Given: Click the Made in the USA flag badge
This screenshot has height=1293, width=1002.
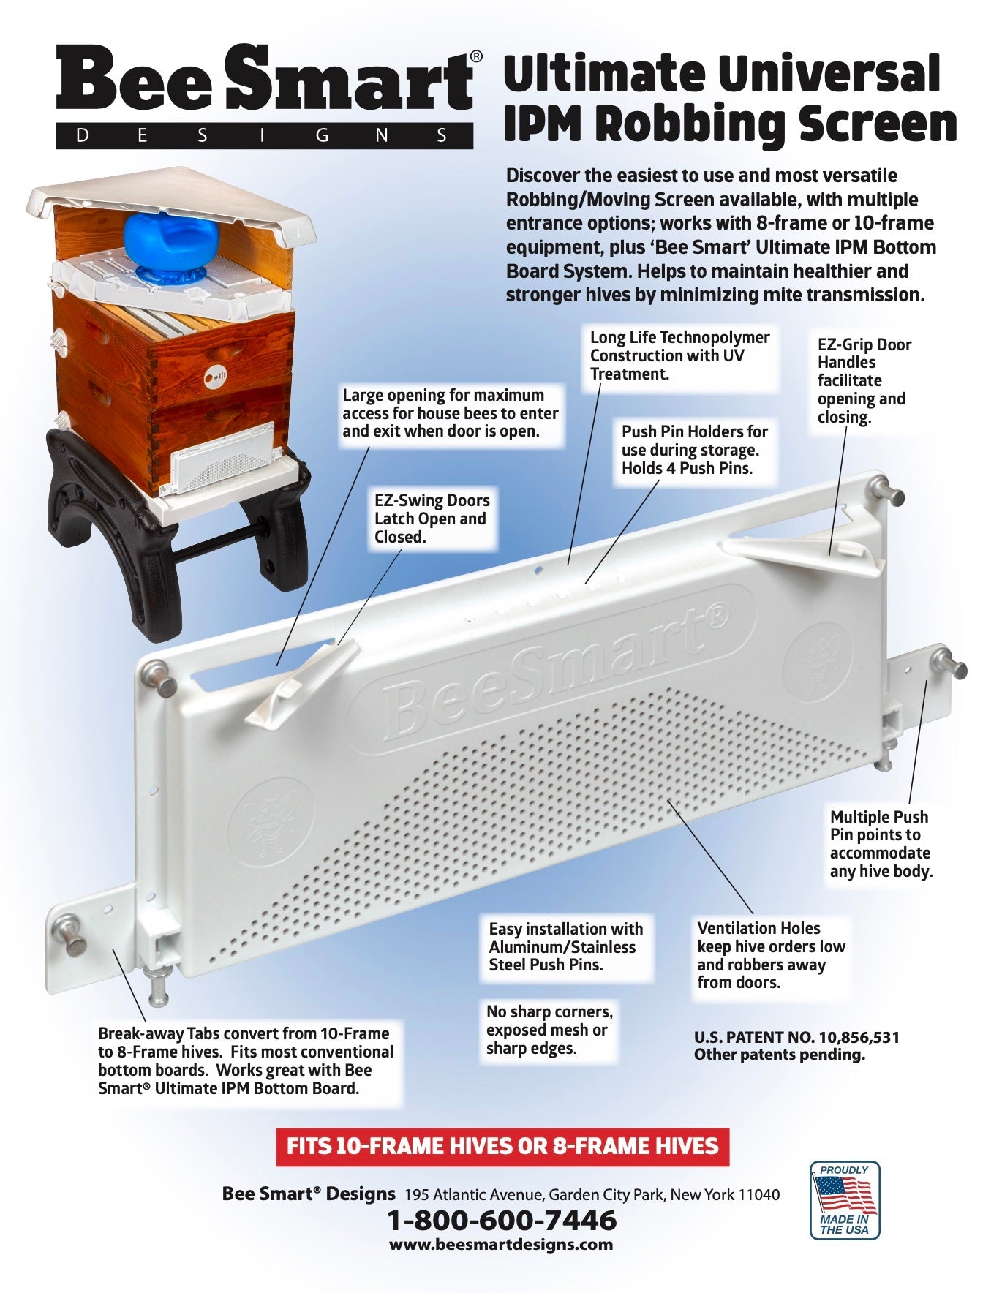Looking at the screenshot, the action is point(845,1200).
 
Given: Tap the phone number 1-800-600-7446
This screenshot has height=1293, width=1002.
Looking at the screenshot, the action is point(501,1220).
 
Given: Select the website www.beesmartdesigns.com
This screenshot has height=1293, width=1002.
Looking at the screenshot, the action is point(501,1244).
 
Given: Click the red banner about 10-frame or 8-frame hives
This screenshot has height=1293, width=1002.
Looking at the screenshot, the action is point(502,1145).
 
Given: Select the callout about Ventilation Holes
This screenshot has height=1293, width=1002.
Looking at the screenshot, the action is point(771,955).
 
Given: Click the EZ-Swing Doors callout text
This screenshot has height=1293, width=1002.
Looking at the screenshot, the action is point(432,519).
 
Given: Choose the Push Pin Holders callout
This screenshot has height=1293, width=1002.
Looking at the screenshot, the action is point(695,450).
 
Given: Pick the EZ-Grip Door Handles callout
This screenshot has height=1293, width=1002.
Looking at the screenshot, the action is point(864,380).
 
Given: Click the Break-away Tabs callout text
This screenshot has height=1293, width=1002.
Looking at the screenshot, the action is point(246,1060).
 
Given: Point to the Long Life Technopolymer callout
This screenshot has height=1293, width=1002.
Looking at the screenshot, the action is point(679,355).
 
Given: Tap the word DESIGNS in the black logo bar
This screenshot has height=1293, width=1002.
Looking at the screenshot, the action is point(263,136).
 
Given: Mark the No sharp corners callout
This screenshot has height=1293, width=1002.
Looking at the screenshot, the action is point(550,1030).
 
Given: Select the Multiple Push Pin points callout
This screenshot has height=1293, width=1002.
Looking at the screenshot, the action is point(881,844).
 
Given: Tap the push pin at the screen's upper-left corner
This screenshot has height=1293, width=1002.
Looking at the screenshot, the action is point(159,679).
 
